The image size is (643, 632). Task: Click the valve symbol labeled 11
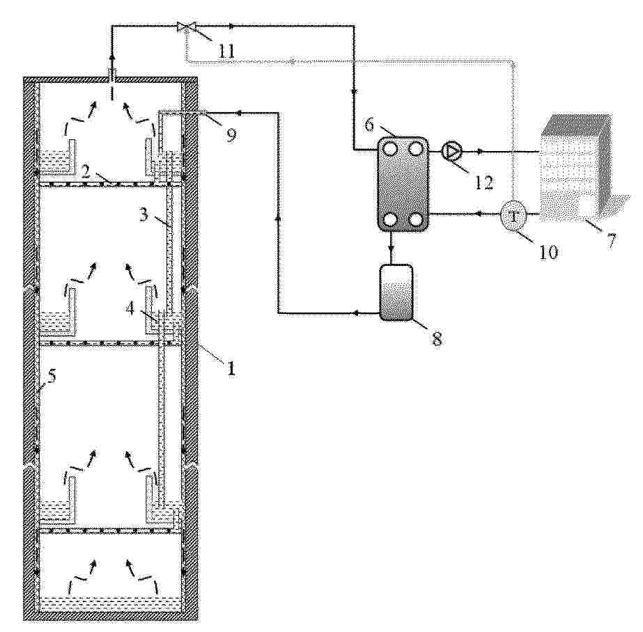click(186, 27)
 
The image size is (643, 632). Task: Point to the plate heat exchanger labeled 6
click(403, 184)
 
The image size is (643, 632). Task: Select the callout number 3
click(143, 214)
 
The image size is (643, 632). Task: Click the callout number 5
click(52, 376)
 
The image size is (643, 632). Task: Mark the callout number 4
click(130, 308)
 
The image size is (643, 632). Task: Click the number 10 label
click(548, 252)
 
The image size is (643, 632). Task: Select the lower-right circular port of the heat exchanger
click(416, 220)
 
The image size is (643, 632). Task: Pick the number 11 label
click(226, 52)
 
